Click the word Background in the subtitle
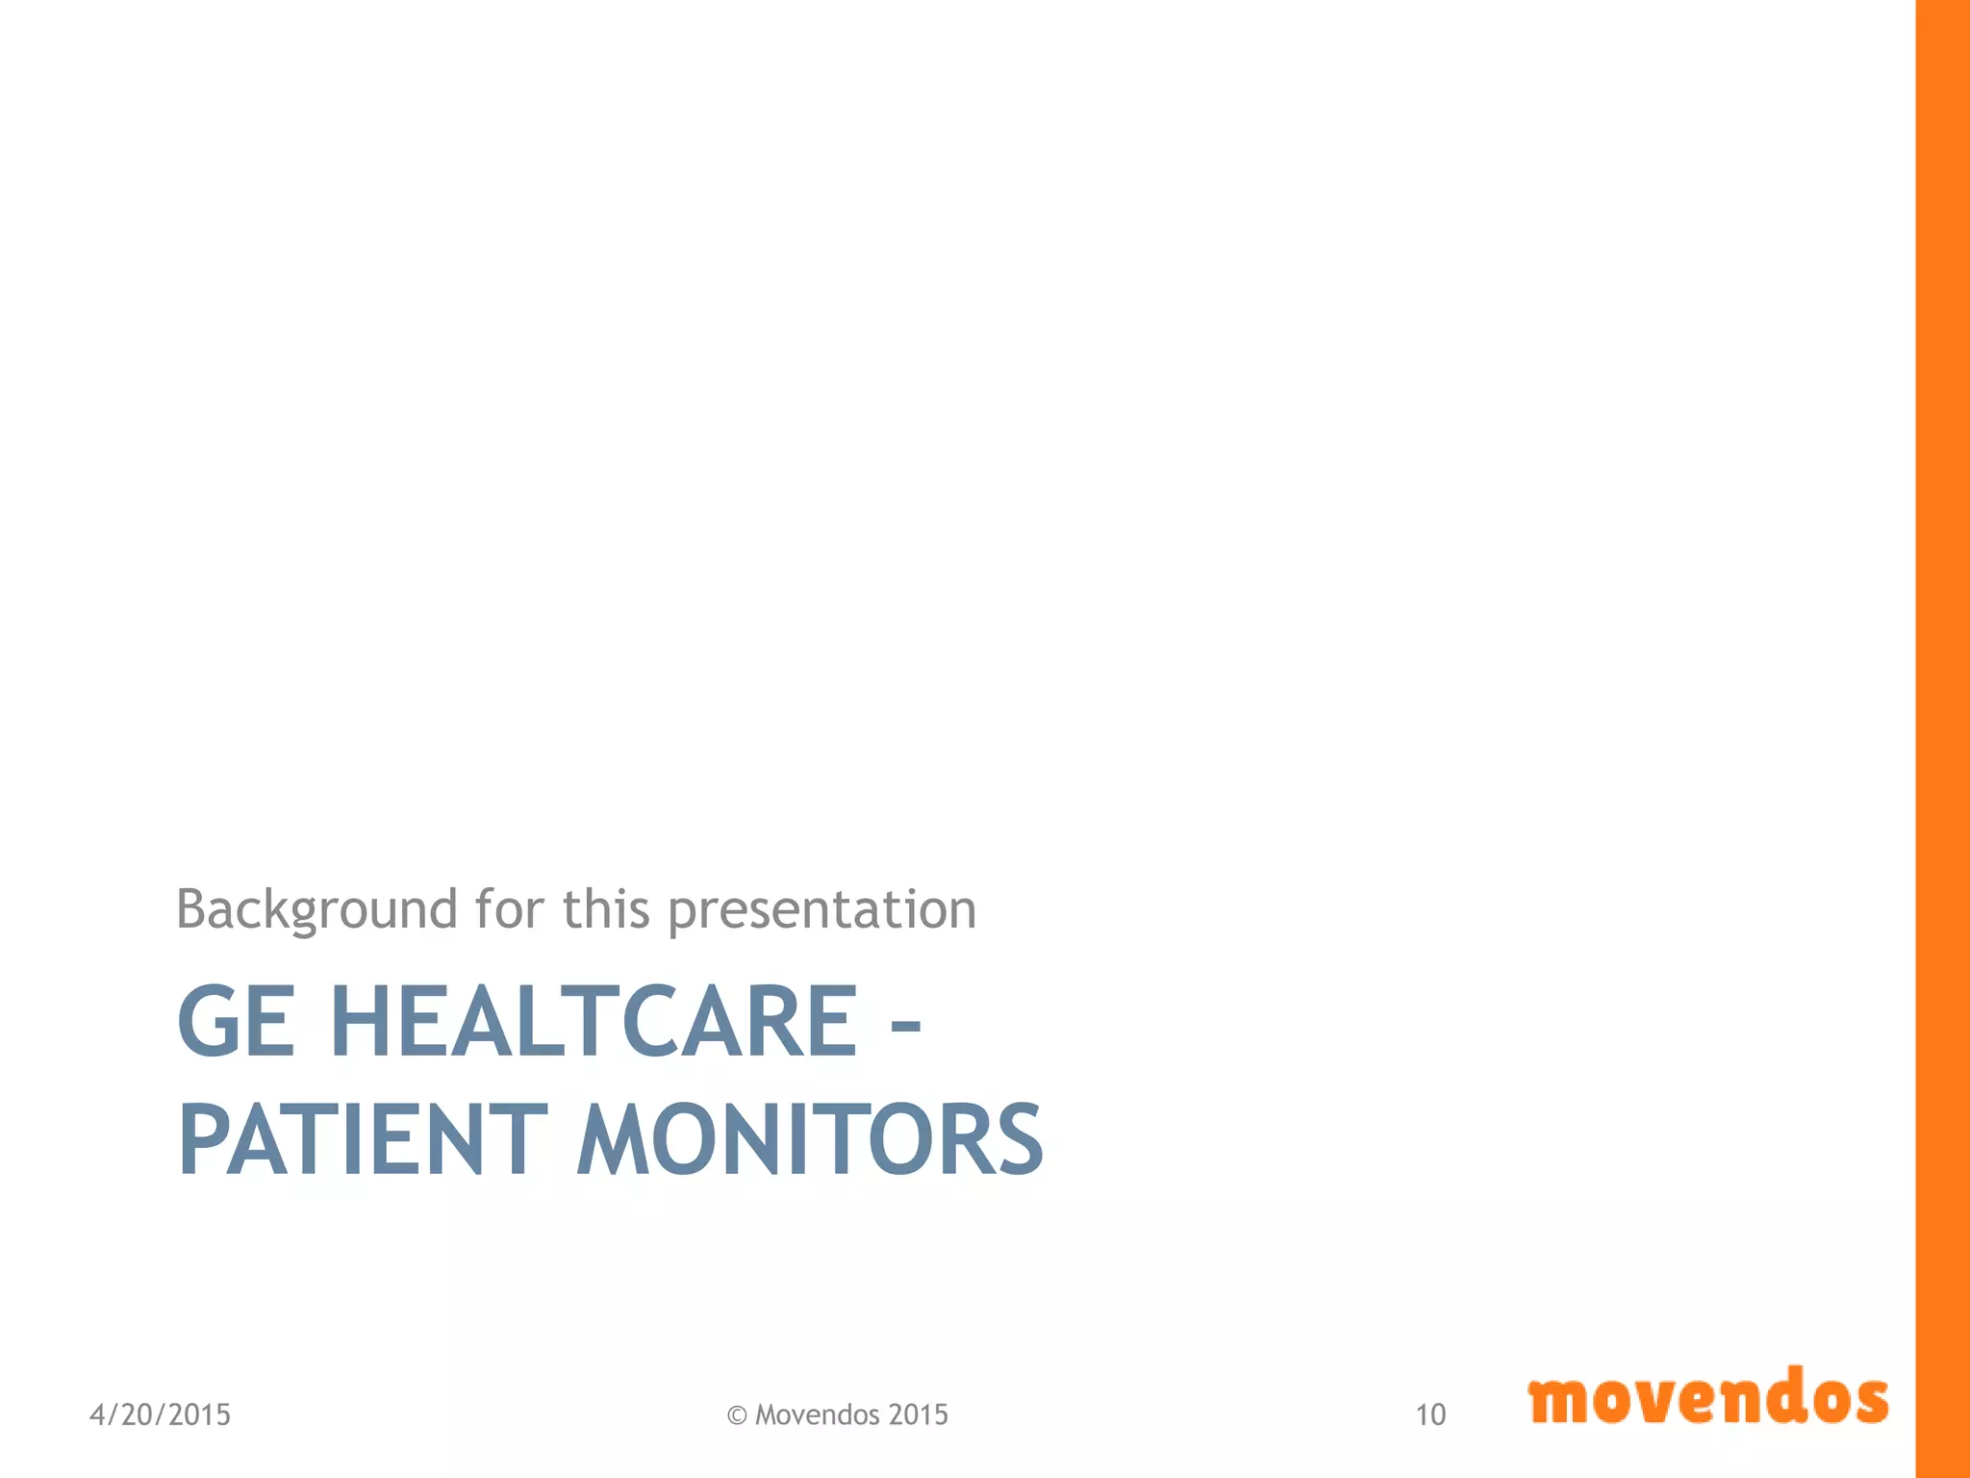(x=316, y=909)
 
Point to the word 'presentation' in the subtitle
(x=822, y=909)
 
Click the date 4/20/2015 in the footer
(x=160, y=1414)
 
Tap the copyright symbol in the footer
(x=737, y=1415)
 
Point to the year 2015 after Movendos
(x=919, y=1414)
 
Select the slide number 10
(x=1430, y=1414)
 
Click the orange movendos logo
(x=1707, y=1397)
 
